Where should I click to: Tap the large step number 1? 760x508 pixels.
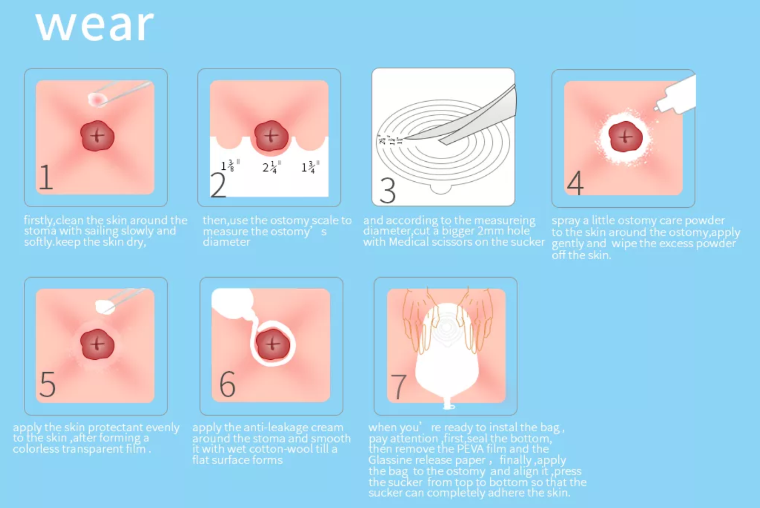[46, 177]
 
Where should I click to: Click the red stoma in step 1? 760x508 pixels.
[97, 135]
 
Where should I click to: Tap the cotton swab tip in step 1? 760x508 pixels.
[97, 100]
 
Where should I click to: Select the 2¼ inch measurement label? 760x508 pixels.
[271, 167]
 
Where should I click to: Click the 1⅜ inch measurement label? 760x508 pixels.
[230, 166]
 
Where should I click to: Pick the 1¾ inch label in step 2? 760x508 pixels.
[310, 167]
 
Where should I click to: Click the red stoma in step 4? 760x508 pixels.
[625, 136]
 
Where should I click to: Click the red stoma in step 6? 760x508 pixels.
[272, 344]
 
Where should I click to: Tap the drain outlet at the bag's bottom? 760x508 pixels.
[449, 404]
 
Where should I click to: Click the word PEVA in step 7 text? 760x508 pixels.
[470, 448]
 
